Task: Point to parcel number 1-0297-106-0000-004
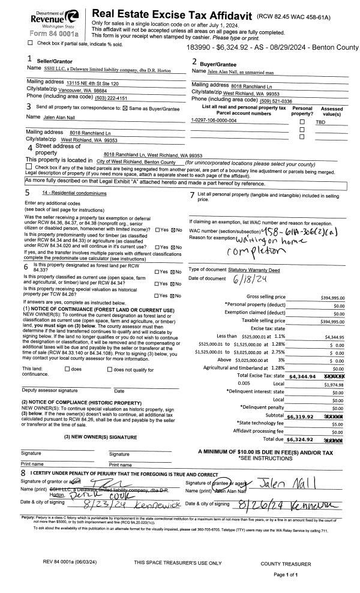pos(214,121)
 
